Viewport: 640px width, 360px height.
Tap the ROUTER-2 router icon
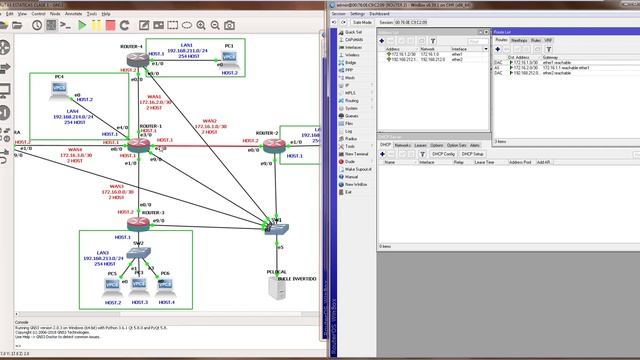[x=274, y=147]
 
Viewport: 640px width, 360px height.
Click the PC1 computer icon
[x=229, y=59]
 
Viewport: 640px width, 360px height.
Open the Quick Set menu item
[x=353, y=32]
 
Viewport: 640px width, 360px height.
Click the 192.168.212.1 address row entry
[x=400, y=59]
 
